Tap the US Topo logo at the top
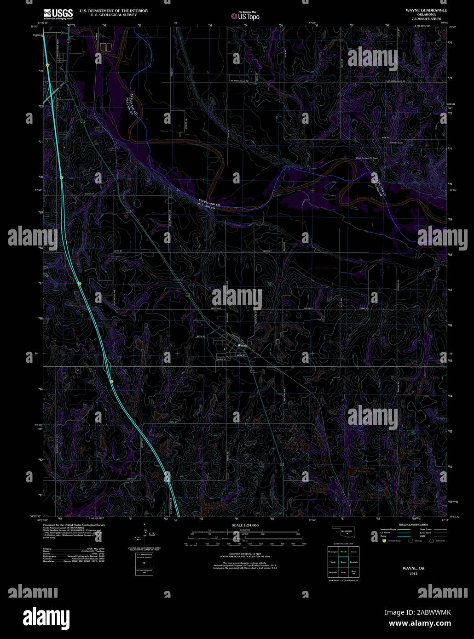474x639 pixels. click(x=245, y=16)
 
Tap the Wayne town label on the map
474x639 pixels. click(x=242, y=345)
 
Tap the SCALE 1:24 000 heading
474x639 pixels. click(x=245, y=525)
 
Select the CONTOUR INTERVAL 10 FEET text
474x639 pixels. click(x=245, y=553)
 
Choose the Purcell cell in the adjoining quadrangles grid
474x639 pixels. click(x=343, y=551)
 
